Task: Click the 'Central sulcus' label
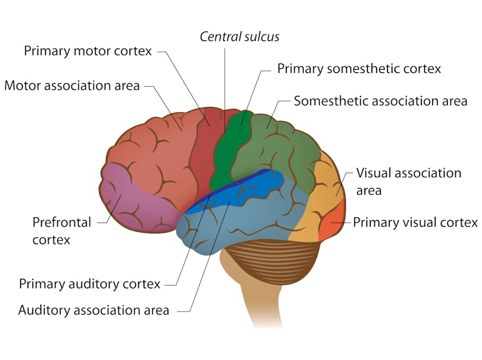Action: point(240,36)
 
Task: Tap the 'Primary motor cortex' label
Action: point(88,51)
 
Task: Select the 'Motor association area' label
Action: point(72,85)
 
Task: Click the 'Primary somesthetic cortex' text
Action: point(359,68)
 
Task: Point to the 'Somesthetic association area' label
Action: point(380,101)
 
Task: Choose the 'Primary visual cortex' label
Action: point(415,223)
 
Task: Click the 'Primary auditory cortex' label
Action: point(89,283)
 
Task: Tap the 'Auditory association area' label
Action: point(93,310)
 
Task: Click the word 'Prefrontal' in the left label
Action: point(61,223)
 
